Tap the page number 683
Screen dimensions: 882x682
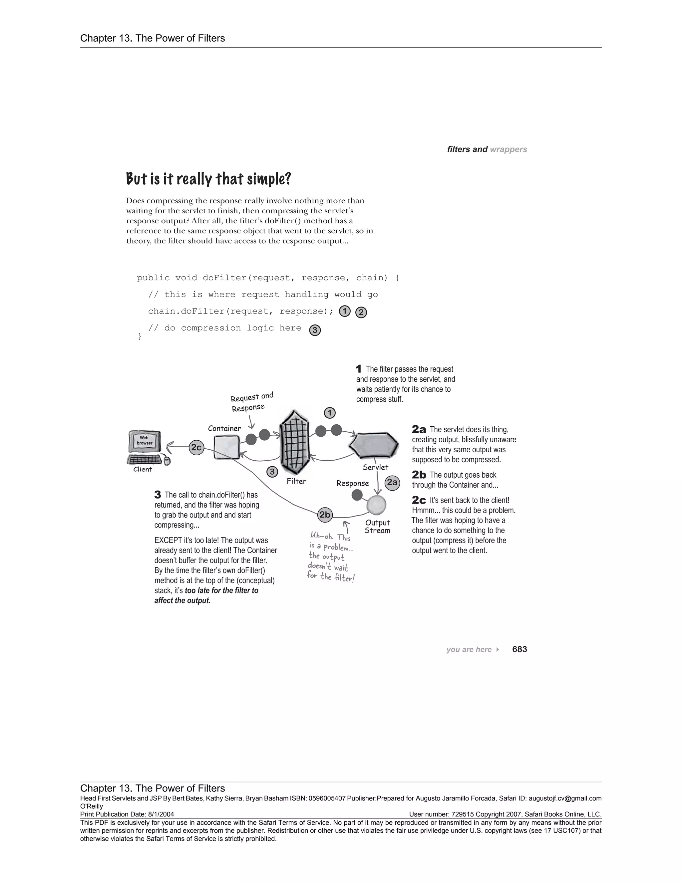click(519, 649)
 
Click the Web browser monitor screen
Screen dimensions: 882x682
click(144, 441)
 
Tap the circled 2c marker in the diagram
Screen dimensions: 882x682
click(196, 447)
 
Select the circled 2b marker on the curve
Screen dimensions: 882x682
click(325, 515)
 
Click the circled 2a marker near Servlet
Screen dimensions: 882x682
click(392, 483)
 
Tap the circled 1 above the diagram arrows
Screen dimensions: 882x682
click(330, 413)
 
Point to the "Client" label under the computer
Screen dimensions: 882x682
click(143, 469)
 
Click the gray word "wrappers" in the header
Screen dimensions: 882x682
click(508, 149)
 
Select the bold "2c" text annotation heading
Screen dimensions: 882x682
click(419, 500)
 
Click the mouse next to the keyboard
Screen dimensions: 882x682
click(167, 461)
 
